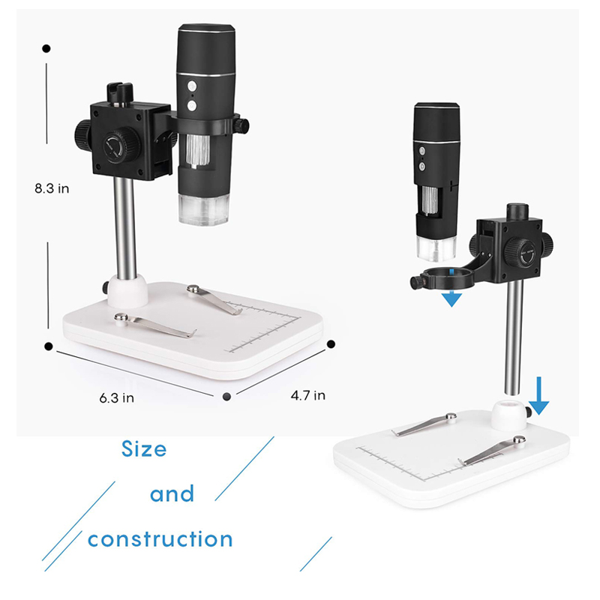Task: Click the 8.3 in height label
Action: coord(52,188)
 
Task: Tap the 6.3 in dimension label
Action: coord(117,398)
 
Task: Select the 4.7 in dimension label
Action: coord(308,395)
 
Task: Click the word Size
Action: coord(144,449)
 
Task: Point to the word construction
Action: coord(160,539)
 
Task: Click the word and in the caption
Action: coord(172,493)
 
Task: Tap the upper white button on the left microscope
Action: coord(192,86)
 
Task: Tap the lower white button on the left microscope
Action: coord(192,105)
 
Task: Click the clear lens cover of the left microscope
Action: coord(204,209)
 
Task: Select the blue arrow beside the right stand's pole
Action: coord(539,396)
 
